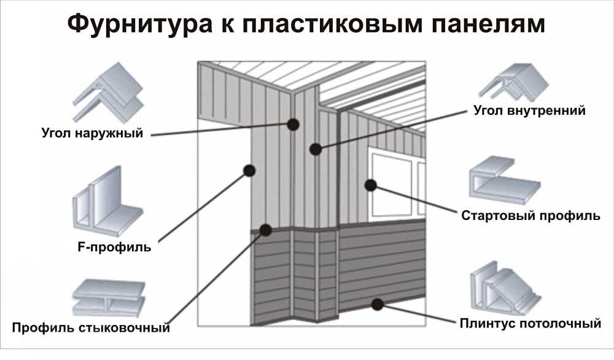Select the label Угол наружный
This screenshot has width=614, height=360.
[x=92, y=132]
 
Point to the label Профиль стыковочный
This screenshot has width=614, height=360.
[x=90, y=327]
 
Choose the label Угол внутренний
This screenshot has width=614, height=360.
[x=530, y=111]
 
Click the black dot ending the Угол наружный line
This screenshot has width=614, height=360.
[x=293, y=124]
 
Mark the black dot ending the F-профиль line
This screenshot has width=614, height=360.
[x=249, y=170]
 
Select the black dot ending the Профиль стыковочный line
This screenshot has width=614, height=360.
[x=266, y=230]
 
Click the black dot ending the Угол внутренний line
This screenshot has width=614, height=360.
[x=316, y=149]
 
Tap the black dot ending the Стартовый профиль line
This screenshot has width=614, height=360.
[x=370, y=184]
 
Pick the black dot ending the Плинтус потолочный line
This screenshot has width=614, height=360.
[x=378, y=303]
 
